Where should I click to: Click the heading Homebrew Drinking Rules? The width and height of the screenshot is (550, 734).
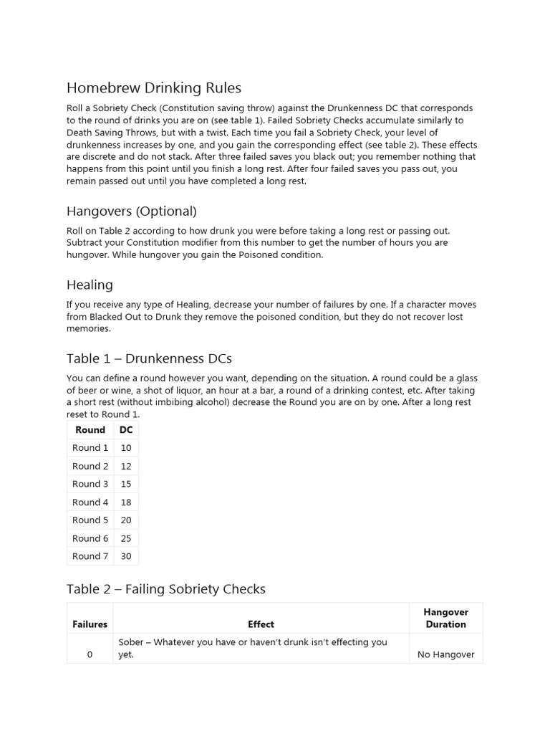[153, 88]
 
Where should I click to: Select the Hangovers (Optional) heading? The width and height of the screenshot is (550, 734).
[131, 211]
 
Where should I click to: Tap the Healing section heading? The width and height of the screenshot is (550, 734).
[90, 285]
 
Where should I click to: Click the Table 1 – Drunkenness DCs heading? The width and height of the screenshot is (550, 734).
[149, 358]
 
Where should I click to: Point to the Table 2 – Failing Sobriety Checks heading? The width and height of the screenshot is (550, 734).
[165, 589]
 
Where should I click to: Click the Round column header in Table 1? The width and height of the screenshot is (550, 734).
[90, 430]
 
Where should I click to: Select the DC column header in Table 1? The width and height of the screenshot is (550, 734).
[126, 430]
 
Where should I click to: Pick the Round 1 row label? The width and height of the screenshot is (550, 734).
[90, 448]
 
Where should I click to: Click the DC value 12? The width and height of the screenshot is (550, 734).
[126, 466]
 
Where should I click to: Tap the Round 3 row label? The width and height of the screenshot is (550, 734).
[90, 484]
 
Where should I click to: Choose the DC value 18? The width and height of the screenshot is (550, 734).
[126, 502]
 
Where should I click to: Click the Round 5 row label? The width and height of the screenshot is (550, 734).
[90, 520]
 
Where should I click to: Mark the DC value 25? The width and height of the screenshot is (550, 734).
[126, 538]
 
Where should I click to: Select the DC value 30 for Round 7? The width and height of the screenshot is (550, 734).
[126, 556]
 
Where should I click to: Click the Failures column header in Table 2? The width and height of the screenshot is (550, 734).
[90, 624]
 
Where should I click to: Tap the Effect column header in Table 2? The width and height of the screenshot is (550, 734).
[261, 624]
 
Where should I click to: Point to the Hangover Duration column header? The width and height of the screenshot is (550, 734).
[445, 618]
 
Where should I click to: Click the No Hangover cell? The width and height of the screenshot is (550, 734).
[445, 654]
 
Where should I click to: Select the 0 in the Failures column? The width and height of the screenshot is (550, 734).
[90, 654]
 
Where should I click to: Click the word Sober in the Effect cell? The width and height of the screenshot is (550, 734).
[131, 642]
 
